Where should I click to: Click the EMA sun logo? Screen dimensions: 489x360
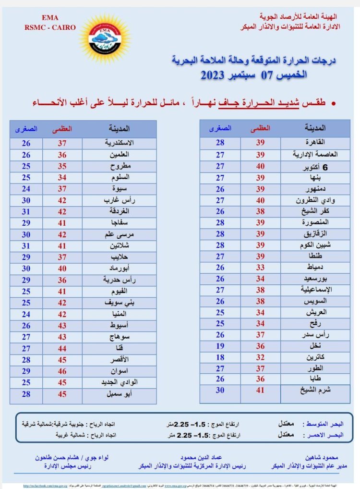click(x=104, y=37)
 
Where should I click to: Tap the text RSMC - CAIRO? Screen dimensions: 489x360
click(x=50, y=27)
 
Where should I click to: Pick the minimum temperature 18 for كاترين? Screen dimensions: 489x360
click(x=220, y=357)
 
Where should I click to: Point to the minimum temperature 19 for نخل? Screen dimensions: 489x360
click(x=220, y=346)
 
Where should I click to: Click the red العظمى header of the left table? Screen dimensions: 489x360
click(x=62, y=129)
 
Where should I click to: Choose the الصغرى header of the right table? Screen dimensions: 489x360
click(x=220, y=128)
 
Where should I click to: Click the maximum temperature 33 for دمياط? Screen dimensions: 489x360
click(x=260, y=267)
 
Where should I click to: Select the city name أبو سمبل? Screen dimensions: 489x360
click(x=120, y=394)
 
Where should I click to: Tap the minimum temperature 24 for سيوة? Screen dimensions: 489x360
click(x=26, y=188)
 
